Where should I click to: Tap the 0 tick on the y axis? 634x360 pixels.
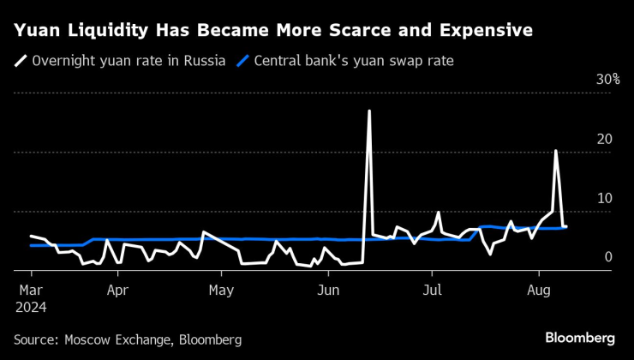(x=608, y=257)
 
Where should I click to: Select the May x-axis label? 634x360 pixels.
(x=222, y=291)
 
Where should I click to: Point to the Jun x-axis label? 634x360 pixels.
(x=328, y=291)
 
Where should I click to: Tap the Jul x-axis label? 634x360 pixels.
(x=434, y=291)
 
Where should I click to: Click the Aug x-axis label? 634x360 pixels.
(x=538, y=291)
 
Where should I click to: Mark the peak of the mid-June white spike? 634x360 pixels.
(x=369, y=111)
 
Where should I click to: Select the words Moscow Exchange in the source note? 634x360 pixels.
(x=120, y=340)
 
